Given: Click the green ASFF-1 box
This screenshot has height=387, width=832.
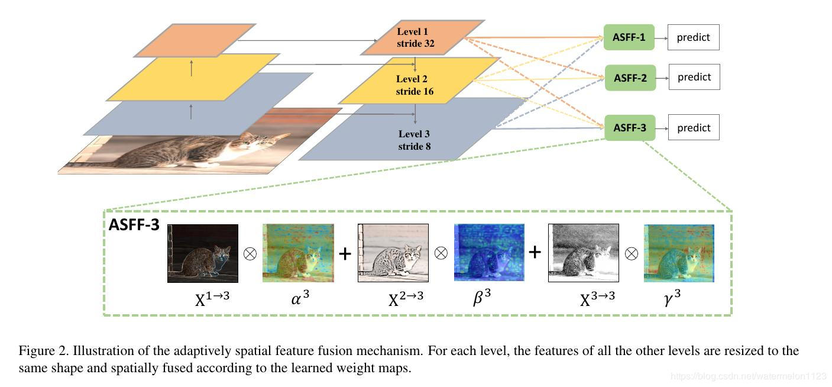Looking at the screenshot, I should (630, 38).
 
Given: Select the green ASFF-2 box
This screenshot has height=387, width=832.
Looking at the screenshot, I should (630, 78).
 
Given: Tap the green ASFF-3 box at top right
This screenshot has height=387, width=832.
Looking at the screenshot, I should (630, 128).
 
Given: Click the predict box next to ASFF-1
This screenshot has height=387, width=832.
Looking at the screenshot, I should (694, 37).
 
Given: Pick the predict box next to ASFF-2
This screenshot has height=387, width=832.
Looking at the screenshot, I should (694, 77).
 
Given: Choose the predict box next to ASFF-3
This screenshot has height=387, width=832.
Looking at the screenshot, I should (694, 128).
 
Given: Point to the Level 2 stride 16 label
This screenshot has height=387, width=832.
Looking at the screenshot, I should (414, 85).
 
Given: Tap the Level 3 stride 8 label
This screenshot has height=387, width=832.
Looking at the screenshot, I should (414, 140).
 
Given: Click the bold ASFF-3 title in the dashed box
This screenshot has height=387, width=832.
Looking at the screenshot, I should (134, 225).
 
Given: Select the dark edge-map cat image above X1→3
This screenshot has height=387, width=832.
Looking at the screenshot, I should (203, 253).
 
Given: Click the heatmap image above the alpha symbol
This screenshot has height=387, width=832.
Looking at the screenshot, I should (298, 253).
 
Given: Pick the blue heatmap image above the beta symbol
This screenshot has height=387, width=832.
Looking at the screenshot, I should (489, 253).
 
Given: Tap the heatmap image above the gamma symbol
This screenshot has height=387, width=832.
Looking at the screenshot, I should (679, 253).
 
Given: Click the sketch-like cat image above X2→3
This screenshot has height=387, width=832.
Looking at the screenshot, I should (393, 253).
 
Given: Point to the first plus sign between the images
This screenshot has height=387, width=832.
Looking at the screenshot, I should (345, 253).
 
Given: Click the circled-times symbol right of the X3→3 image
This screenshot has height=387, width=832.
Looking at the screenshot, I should (632, 253).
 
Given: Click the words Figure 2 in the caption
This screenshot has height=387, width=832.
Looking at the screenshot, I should (41, 351).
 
